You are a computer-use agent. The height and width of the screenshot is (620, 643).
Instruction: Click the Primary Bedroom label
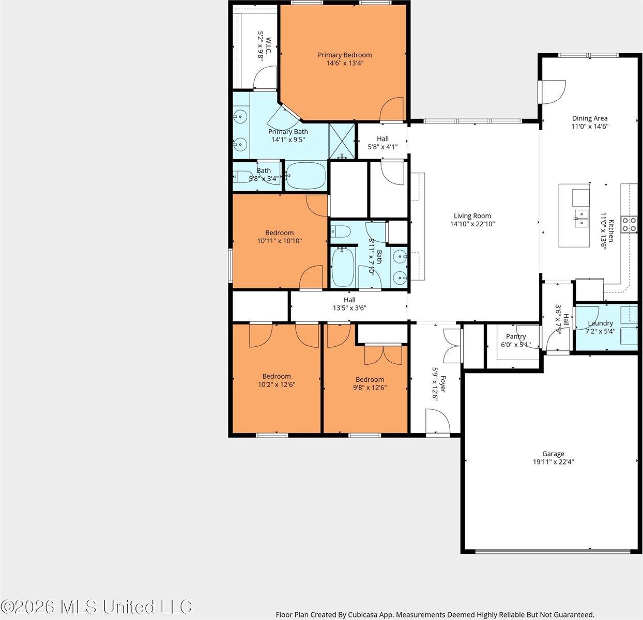(345, 55)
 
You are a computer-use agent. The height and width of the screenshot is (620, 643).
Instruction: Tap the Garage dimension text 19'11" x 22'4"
(553, 462)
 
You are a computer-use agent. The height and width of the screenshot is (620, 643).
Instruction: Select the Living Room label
(472, 215)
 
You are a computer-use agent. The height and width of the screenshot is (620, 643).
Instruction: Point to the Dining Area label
(590, 118)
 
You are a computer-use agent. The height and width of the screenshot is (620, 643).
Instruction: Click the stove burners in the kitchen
(629, 224)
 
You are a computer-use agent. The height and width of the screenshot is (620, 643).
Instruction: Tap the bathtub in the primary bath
(305, 175)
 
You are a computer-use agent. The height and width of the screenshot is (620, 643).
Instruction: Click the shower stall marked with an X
(342, 142)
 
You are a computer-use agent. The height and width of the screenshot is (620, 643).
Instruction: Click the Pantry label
(516, 336)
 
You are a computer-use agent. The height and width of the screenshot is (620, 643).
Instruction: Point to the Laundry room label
(601, 323)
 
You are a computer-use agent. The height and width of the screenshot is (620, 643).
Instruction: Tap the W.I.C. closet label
(269, 45)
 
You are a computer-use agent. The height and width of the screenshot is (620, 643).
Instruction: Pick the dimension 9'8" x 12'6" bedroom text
(370, 388)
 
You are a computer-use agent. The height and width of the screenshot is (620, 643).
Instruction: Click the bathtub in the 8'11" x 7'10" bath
(343, 268)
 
